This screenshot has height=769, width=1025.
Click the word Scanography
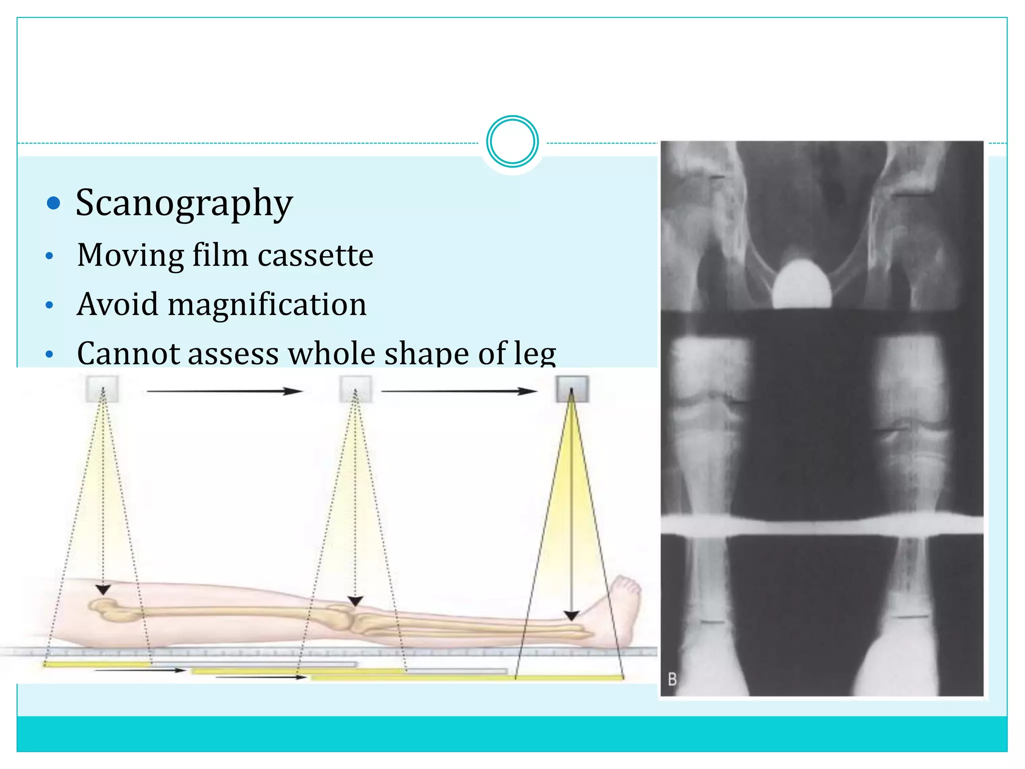(x=184, y=204)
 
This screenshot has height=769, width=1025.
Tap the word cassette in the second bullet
(x=315, y=255)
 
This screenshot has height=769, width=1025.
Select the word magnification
(x=267, y=304)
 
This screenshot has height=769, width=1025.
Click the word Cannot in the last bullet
(x=128, y=353)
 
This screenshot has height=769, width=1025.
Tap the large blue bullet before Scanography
(x=53, y=203)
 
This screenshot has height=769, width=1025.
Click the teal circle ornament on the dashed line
(x=512, y=142)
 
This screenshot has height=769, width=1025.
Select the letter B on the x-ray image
(x=672, y=679)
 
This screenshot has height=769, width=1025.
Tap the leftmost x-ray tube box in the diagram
(x=103, y=389)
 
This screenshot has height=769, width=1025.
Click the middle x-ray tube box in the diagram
(x=355, y=389)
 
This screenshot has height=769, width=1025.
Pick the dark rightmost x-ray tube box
(x=572, y=389)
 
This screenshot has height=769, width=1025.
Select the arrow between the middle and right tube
(x=459, y=391)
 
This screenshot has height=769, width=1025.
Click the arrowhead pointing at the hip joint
(x=103, y=590)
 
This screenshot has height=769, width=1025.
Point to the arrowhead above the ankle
(x=572, y=615)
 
